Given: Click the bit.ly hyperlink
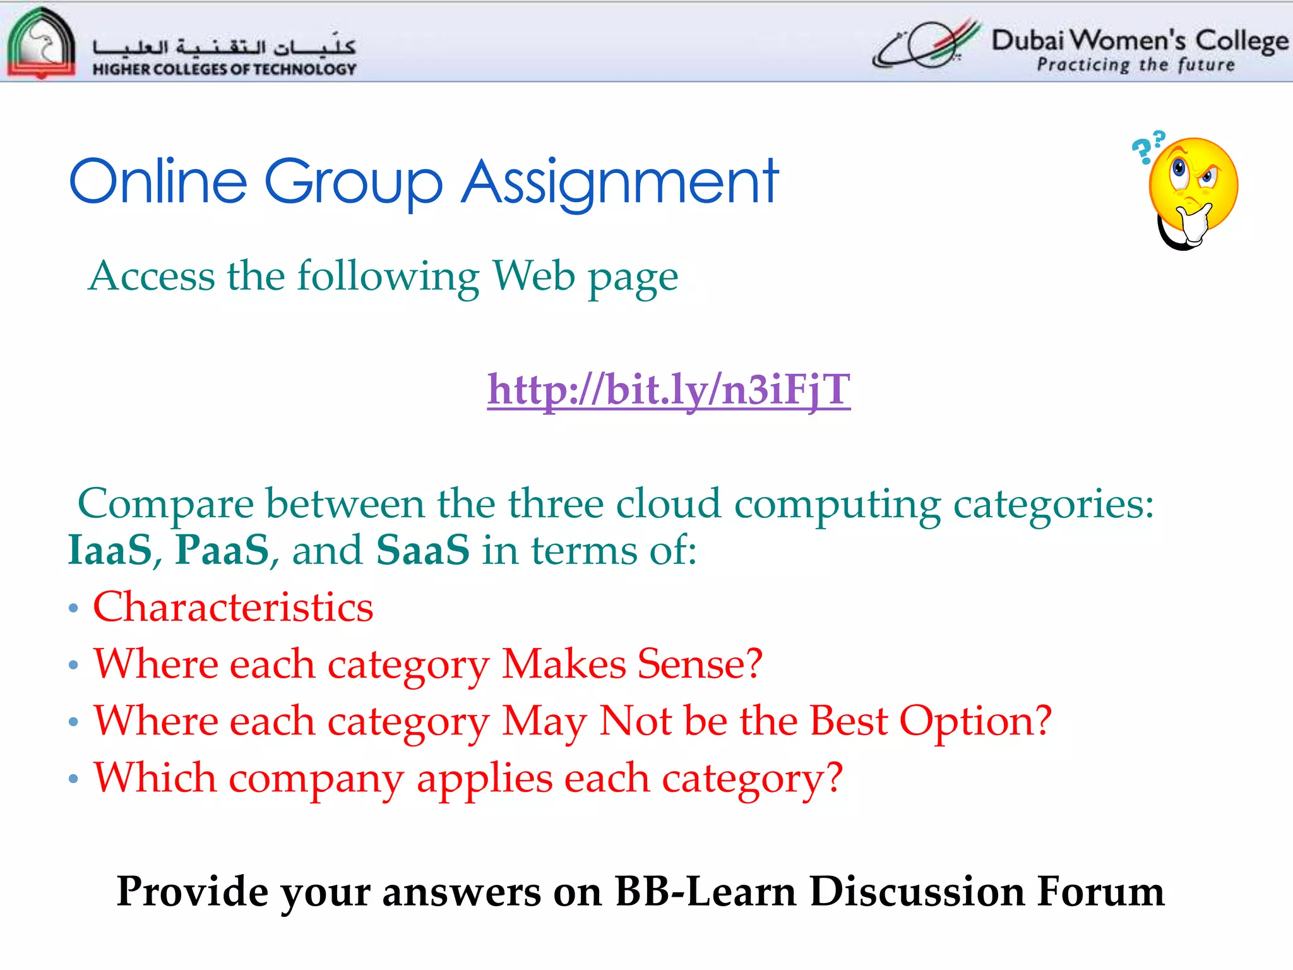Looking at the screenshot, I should (x=669, y=390).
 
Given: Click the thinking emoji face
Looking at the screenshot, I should (x=1193, y=186).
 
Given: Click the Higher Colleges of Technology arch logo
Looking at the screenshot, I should (x=41, y=43).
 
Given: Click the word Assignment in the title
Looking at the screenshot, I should (x=620, y=183).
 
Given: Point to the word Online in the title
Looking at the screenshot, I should (x=158, y=183).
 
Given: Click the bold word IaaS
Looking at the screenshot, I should (x=110, y=549).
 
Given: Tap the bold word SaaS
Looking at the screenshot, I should (x=422, y=549).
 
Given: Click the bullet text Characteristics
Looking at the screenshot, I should (x=233, y=607).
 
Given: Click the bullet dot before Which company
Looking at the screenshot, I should (x=74, y=779).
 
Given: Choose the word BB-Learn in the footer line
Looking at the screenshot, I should (x=706, y=892).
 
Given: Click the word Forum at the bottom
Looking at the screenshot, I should (x=1100, y=892).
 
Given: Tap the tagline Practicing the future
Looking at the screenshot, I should (x=1135, y=65).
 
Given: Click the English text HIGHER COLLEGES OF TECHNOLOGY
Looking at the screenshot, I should (x=224, y=69).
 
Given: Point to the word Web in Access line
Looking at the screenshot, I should (x=533, y=276).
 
